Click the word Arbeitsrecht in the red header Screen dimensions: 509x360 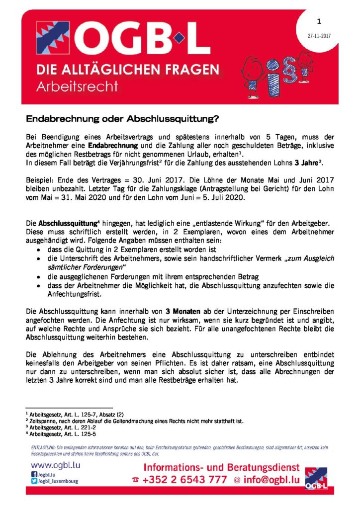[78, 86]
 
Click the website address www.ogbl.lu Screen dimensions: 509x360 [56, 466]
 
